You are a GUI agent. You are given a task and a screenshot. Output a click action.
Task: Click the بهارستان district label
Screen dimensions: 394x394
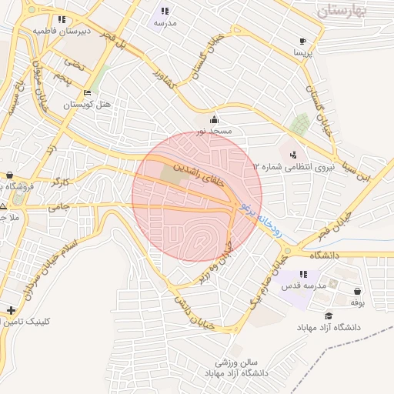point(342,10)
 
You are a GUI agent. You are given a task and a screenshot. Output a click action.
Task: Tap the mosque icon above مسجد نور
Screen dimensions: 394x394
point(213,119)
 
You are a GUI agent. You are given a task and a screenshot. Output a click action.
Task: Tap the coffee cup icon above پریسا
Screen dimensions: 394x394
point(303,41)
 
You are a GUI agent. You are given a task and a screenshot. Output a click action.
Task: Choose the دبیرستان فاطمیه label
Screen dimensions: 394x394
point(62,31)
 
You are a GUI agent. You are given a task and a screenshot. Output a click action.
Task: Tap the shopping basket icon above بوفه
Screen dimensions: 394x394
point(357,291)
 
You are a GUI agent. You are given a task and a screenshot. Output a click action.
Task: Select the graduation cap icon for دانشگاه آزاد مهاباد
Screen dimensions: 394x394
point(329,316)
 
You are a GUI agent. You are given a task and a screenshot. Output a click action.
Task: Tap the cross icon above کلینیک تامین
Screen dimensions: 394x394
point(10,311)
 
